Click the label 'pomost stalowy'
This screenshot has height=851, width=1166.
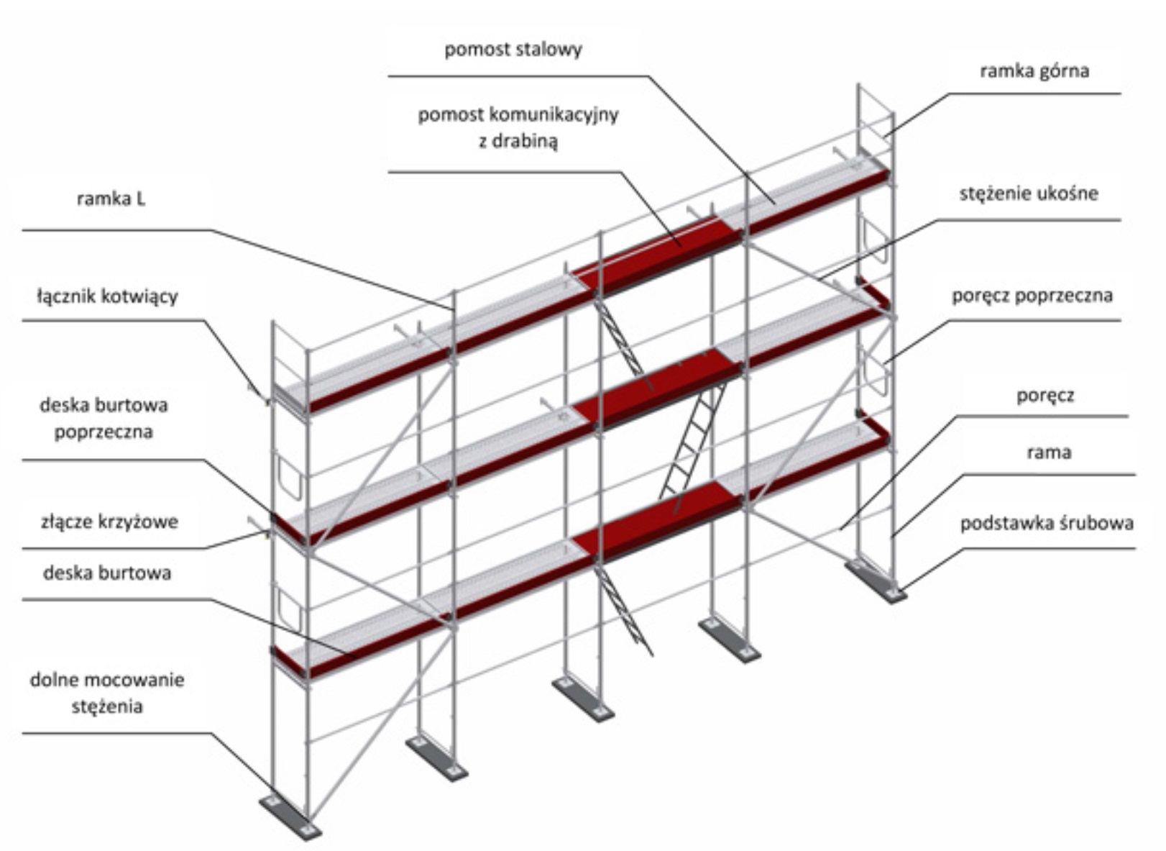(513, 50)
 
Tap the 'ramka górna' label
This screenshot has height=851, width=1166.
(1034, 70)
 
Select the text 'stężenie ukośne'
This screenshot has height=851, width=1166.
(1028, 194)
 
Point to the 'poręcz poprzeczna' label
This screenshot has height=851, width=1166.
(1032, 296)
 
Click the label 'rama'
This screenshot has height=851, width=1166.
(1049, 452)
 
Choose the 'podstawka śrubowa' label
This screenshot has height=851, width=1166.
(1046, 523)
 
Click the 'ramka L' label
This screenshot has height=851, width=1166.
(111, 199)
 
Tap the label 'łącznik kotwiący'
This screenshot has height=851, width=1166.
(107, 296)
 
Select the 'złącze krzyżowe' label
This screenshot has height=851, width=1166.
(109, 522)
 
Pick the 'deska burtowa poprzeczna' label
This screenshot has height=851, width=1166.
(104, 418)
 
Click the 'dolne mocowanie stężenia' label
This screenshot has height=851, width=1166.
(107, 693)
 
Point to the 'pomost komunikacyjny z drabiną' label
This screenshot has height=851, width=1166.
(518, 127)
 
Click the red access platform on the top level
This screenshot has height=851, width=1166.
(658, 252)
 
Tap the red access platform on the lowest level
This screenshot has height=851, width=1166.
(658, 522)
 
